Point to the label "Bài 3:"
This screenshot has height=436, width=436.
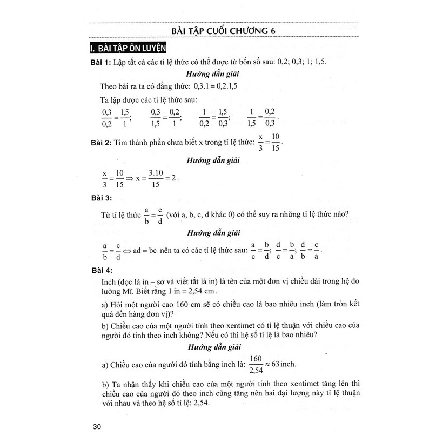tap(100, 199)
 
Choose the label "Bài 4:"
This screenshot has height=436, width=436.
tap(100, 269)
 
